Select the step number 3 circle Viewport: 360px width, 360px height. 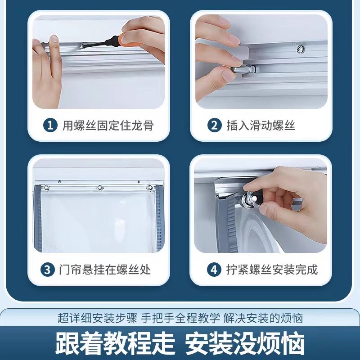(x=47, y=270)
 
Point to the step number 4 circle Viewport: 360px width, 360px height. (x=214, y=270)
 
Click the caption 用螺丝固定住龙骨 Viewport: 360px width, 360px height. (x=108, y=125)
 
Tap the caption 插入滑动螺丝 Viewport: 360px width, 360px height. (x=261, y=125)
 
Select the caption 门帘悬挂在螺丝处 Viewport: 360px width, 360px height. (x=104, y=270)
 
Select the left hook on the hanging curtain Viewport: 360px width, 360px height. (x=47, y=187)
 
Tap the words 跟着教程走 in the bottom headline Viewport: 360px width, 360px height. (x=115, y=344)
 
